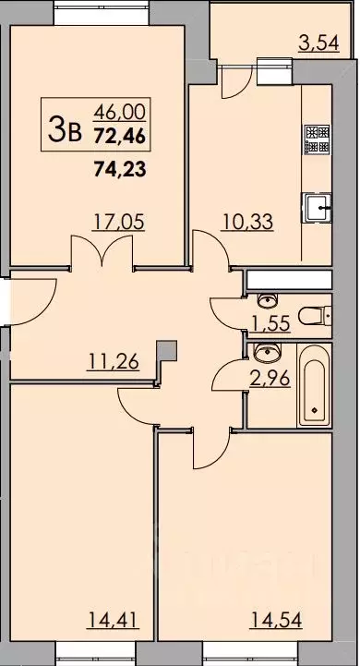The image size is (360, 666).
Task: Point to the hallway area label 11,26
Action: click(x=114, y=362)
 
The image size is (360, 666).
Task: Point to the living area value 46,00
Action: click(x=119, y=112)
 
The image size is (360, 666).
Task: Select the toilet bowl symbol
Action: click(x=318, y=316)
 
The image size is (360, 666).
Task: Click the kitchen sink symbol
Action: click(x=318, y=209)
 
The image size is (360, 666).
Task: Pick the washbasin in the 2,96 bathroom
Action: click(x=267, y=352)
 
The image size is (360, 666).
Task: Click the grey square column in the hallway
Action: click(x=165, y=350)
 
